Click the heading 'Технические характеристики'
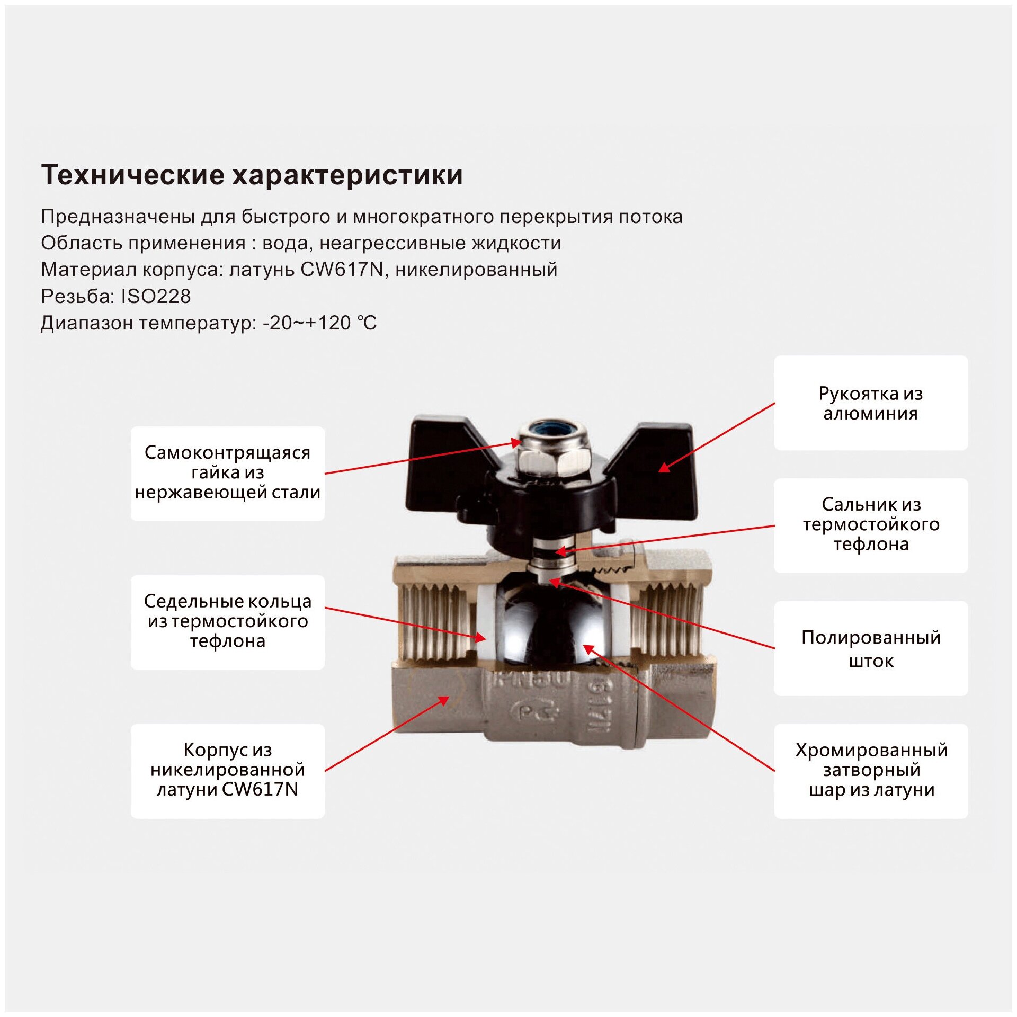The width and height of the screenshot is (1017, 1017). [252, 175]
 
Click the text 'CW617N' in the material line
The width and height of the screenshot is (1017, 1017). [342, 270]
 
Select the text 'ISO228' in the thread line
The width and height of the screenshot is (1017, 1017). [156, 296]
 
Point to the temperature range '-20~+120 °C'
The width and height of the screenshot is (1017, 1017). [319, 323]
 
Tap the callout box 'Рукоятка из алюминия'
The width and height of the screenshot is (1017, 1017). [870, 403]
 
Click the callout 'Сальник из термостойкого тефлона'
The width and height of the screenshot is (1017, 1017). [870, 525]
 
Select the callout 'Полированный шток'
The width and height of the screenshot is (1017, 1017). [870, 648]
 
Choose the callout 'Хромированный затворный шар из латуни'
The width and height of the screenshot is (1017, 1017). [870, 770]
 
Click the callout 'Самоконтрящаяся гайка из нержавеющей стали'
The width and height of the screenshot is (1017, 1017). [227, 473]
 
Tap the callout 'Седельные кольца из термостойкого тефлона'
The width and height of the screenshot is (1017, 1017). [227, 622]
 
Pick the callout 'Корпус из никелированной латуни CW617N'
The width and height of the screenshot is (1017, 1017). [227, 770]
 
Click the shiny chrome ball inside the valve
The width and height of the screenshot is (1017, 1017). [551, 625]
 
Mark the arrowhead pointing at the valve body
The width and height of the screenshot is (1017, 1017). [444, 700]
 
